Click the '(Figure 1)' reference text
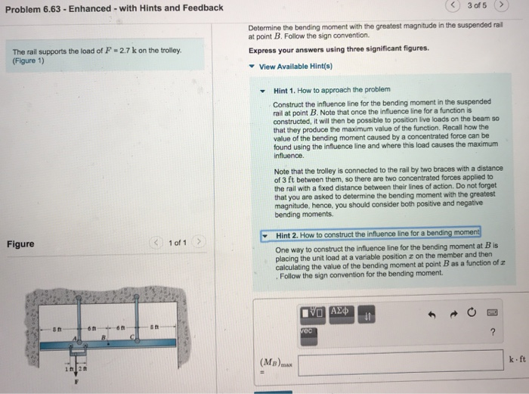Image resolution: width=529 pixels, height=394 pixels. tap(28, 61)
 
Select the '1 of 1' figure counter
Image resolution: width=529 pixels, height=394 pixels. tap(178, 243)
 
